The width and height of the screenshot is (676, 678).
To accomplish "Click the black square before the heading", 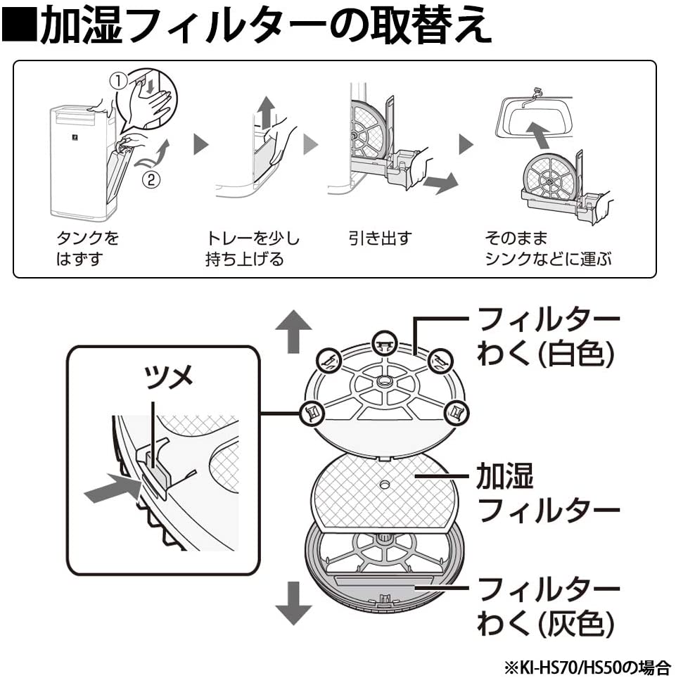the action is tap(20, 24).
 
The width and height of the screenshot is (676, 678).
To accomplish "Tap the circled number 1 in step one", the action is tap(120, 80).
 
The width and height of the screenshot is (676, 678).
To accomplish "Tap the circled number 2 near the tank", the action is tap(151, 179).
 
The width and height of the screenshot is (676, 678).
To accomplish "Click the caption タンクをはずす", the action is tap(88, 248).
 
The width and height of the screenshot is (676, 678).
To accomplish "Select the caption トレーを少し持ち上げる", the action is tap(253, 248).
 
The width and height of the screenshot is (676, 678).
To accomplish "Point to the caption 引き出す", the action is tap(381, 238).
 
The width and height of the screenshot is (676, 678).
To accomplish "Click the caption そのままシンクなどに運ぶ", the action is tap(548, 248).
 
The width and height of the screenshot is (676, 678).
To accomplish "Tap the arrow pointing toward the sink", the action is tap(540, 135).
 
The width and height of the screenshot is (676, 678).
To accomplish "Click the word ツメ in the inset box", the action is tap(169, 377).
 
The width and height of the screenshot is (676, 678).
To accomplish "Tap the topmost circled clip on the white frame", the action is tap(385, 343).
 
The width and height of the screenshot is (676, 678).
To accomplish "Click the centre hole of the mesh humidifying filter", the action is tap(384, 485).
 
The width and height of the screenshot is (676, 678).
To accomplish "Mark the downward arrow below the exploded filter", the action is tap(293, 603).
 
